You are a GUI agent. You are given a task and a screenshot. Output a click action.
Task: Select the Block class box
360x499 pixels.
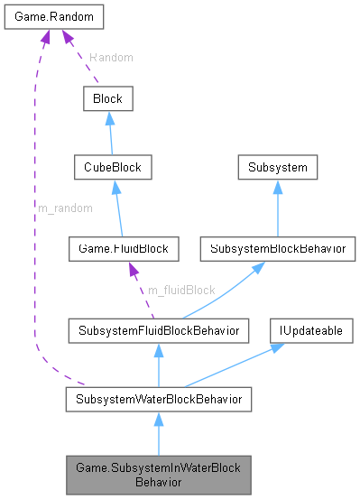point(108,98)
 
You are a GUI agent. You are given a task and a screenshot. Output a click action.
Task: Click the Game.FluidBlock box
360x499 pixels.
point(123,247)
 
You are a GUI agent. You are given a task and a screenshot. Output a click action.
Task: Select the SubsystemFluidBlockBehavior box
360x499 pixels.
point(158,331)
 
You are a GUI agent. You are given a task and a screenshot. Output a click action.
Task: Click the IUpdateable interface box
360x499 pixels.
point(309,331)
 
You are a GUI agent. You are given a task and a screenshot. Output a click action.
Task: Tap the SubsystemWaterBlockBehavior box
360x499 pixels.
point(158,397)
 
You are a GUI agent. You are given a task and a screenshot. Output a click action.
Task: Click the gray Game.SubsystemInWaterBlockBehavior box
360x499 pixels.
point(158,474)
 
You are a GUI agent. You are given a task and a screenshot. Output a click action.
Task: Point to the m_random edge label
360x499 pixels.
point(64,208)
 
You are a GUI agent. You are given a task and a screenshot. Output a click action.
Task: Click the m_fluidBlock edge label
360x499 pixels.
point(180,289)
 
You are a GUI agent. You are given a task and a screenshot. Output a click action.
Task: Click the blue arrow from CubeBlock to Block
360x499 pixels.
point(110,133)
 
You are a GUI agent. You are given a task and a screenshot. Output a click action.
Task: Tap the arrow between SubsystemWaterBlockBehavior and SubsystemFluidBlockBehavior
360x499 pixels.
point(158,365)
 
